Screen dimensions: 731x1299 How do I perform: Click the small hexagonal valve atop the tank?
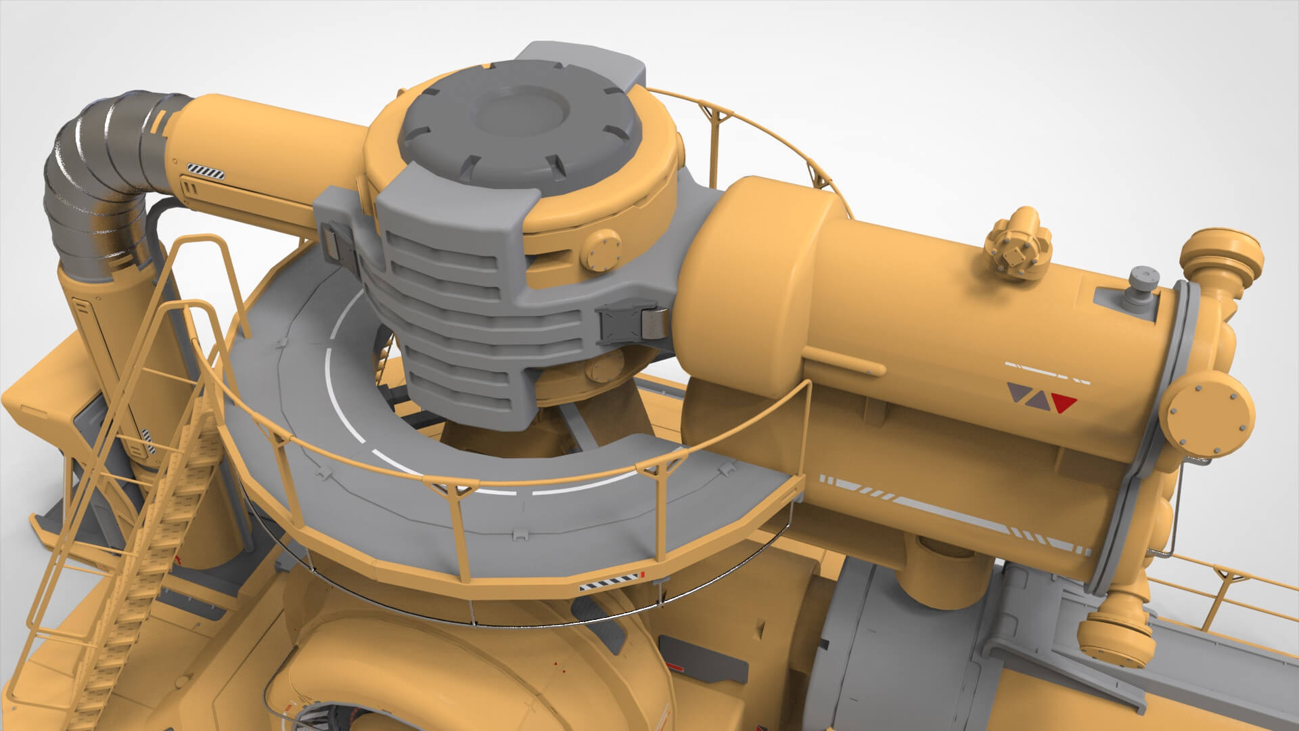pos(1016,251)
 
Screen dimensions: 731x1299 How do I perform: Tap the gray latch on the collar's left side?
pos(336,244)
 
